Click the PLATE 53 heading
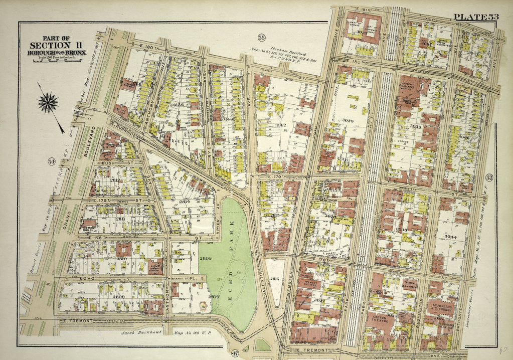[x=476, y=17]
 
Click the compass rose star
[x=48, y=103]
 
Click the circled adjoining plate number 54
[x=51, y=161]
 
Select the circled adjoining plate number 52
[x=489, y=177]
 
